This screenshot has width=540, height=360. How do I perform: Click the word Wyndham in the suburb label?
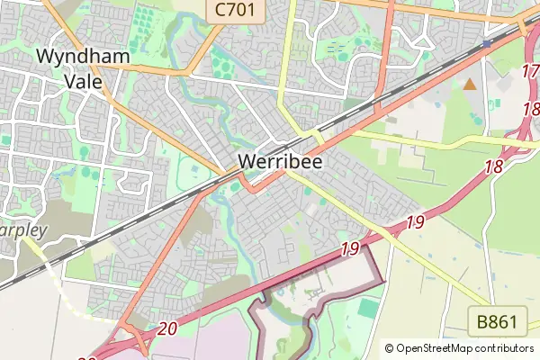83,57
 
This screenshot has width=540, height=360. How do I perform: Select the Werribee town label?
281,161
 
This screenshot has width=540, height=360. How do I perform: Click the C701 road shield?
235,11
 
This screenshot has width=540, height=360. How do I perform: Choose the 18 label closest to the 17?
530,110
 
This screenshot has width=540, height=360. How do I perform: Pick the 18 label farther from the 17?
492,166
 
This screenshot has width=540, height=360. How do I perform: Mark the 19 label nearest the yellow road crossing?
415,221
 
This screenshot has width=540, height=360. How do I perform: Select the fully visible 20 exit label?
166,329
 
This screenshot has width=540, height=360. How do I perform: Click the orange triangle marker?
469,85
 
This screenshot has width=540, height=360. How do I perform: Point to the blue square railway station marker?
487,43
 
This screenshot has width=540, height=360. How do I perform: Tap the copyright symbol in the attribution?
390,347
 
